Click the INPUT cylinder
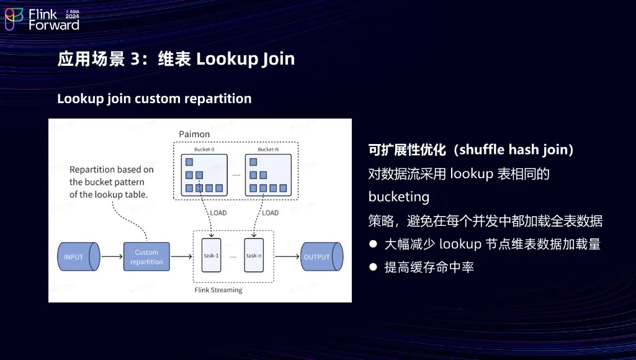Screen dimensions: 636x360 click(79, 256)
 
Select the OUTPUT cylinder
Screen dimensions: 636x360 click(322, 256)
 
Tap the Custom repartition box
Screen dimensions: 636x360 click(146, 256)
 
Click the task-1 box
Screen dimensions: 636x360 click(212, 255)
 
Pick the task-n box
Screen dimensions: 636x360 click(254, 255)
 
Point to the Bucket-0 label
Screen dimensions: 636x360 click(204, 150)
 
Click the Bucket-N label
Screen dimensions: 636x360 click(268, 150)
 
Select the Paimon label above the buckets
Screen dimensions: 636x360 click(194, 134)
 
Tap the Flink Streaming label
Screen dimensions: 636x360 click(218, 290)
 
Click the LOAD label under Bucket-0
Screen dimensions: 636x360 click(218, 213)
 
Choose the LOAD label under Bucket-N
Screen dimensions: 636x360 click(270, 213)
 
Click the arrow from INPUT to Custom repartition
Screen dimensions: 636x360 click(112, 256)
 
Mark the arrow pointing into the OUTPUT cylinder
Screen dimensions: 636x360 click(287, 256)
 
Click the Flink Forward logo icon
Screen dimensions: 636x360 click(14, 19)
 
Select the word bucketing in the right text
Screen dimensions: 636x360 click(399, 197)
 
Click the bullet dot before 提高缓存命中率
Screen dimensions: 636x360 click(373, 267)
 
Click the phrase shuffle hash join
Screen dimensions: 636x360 click(513, 150)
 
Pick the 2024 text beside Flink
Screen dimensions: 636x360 click(72, 16)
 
